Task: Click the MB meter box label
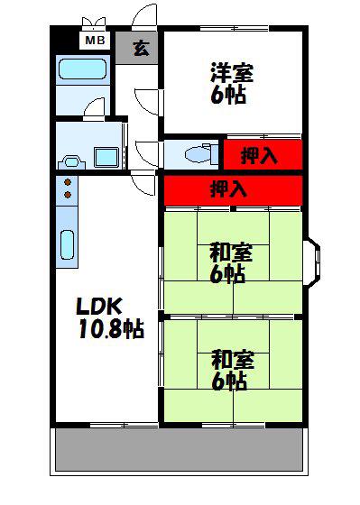pyautogui.click(x=95, y=41)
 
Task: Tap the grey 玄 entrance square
pyautogui.click(x=136, y=47)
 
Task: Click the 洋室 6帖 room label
pyautogui.click(x=231, y=84)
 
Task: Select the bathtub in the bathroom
pyautogui.click(x=83, y=69)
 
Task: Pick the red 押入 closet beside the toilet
pyautogui.click(x=263, y=154)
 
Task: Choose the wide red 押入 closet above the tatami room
pyautogui.click(x=233, y=190)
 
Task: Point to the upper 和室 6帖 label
pyautogui.click(x=231, y=263)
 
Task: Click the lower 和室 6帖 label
pyautogui.click(x=233, y=371)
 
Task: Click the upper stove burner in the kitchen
pyautogui.click(x=68, y=182)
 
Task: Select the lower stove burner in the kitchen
pyautogui.click(x=68, y=195)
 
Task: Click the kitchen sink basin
pyautogui.click(x=67, y=244)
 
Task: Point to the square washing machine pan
pyautogui.click(x=106, y=157)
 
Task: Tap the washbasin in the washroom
pyautogui.click(x=71, y=161)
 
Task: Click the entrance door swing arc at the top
pyautogui.click(x=143, y=17)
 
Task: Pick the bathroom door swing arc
pyautogui.click(x=94, y=106)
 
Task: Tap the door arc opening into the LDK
pyautogui.click(x=143, y=185)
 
